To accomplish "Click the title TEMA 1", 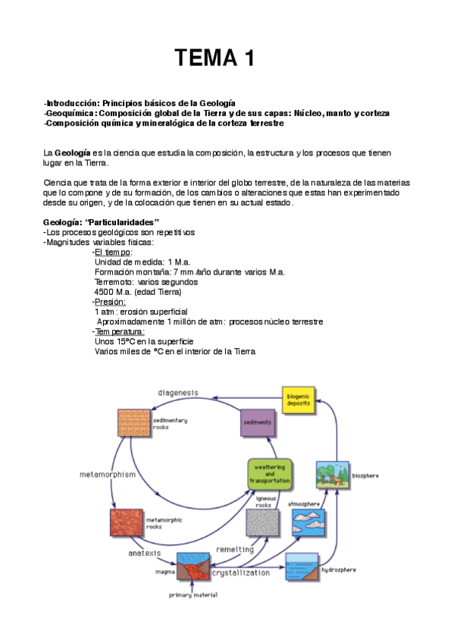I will coord(214,58).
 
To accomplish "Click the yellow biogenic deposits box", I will coord(297,399).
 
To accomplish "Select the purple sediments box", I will coord(255,422).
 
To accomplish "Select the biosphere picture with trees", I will coord(331,476).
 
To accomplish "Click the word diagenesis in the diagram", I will coord(178,393).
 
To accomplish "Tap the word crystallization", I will coord(241,573).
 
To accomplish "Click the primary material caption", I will coord(193,595).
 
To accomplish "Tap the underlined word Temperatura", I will coord(120,331).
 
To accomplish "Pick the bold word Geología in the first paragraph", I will coord(73,153).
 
